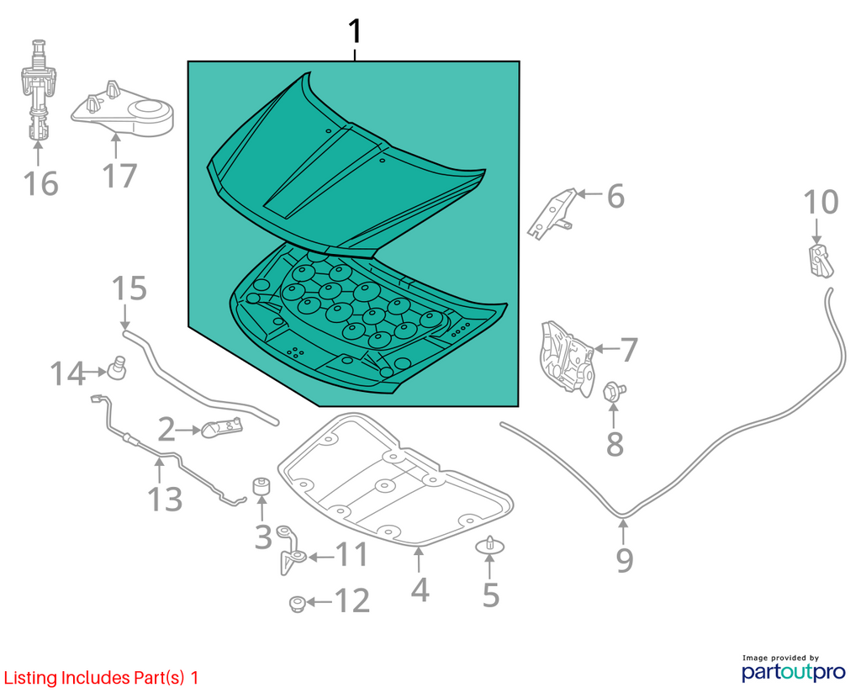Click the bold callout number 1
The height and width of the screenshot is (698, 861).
tap(356, 31)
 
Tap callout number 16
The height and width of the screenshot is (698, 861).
tap(41, 183)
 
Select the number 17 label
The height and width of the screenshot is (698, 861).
tap(119, 176)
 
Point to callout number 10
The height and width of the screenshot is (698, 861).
tap(821, 202)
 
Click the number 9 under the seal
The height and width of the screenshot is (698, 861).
tap(625, 559)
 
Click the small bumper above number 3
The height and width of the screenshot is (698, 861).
tap(262, 486)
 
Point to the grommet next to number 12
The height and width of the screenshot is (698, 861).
tap(297, 604)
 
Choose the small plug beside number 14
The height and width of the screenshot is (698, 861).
tap(117, 367)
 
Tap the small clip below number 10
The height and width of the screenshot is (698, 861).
tap(821, 262)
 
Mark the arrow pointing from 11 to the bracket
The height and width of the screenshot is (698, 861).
tap(321, 557)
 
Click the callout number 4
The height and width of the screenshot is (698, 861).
tap(420, 590)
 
